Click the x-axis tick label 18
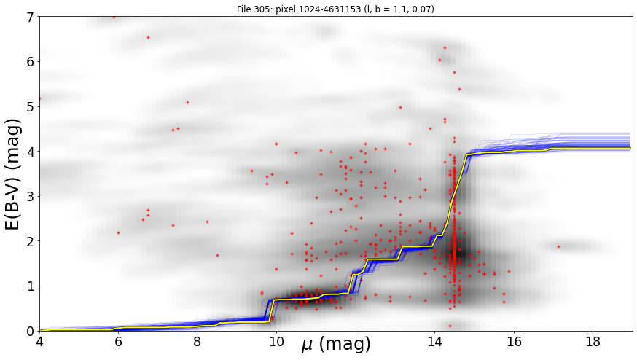593,342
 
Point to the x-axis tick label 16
514,342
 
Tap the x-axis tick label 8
197,342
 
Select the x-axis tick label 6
118,342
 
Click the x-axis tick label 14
434,342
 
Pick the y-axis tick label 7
31,17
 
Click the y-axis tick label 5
31,107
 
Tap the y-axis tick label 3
31,197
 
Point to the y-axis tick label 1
31,286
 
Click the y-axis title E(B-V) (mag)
13,174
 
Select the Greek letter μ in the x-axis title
308,344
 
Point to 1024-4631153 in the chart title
319,9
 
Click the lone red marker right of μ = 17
558,246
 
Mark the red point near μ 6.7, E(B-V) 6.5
148,37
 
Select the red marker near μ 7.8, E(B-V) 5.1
188,103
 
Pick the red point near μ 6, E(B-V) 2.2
118,232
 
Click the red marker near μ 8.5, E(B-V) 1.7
217,256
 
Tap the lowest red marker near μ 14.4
450,326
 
